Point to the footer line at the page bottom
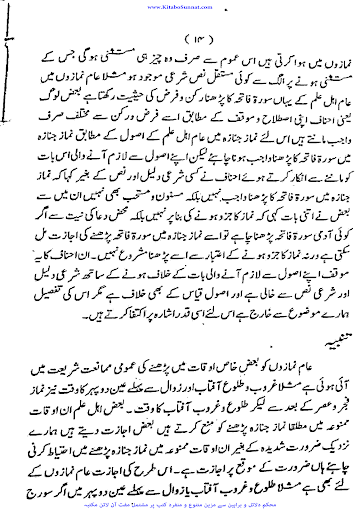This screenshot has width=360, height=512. (180, 503)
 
